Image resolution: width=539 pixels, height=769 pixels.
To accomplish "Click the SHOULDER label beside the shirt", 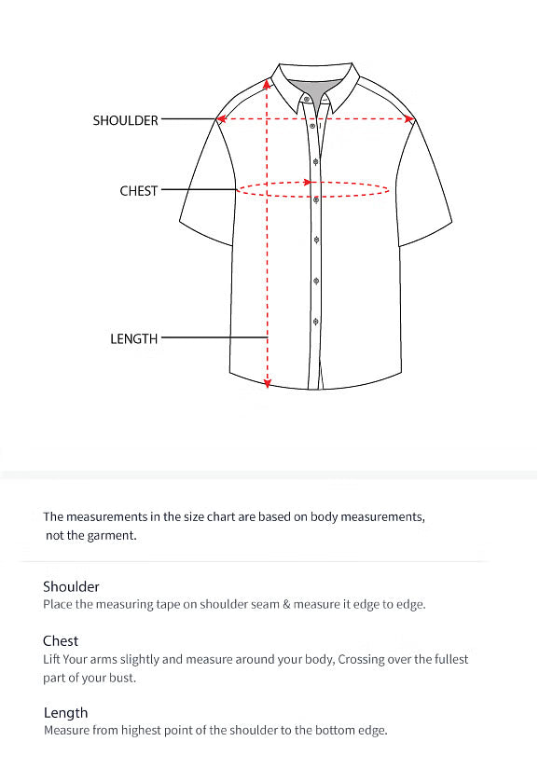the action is coord(125,120).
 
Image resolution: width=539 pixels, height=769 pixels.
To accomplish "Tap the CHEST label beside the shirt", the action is coord(139,191).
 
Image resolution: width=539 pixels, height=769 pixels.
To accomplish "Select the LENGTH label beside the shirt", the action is coord(134,339).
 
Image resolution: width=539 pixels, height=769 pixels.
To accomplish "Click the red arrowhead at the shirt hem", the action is coord(268,382).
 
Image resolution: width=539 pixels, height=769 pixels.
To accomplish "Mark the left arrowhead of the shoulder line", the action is coord(221,119).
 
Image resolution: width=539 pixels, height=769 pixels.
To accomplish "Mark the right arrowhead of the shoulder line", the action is coord(409,119).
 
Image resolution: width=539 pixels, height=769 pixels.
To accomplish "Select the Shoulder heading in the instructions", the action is coord(71,587).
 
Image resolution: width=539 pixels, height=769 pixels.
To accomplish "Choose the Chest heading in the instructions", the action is coord(61,641).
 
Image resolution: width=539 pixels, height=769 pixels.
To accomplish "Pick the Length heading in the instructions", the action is coord(65,713).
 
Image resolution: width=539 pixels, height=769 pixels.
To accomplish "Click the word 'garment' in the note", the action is coord(115,536).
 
